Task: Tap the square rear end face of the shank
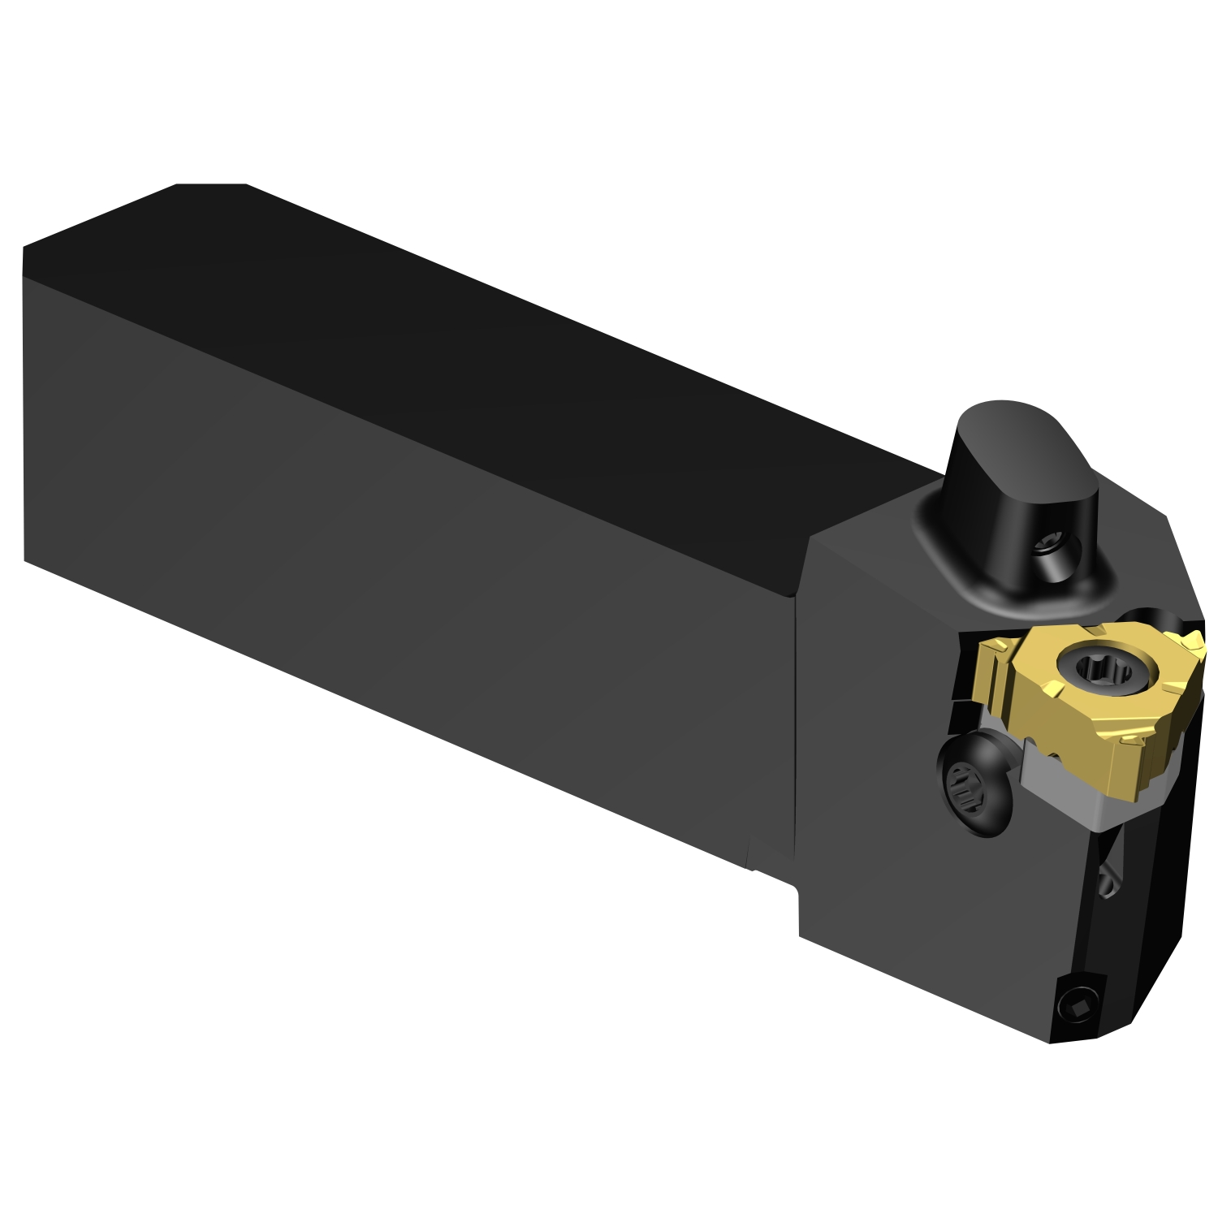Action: [x=24, y=406]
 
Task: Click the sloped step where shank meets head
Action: [x=804, y=568]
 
